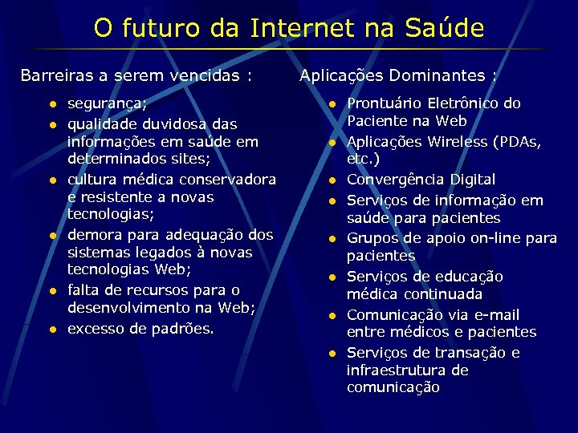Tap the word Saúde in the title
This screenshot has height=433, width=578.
pyautogui.click(x=445, y=29)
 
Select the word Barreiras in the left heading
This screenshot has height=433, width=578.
pyautogui.click(x=54, y=76)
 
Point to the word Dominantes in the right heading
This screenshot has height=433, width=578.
pyautogui.click(x=438, y=76)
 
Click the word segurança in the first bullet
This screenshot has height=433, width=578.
pyautogui.click(x=105, y=104)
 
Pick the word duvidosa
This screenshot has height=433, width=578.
pyautogui.click(x=168, y=124)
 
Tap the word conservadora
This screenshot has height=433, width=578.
pyautogui.click(x=227, y=179)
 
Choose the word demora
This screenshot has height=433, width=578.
pyautogui.click(x=95, y=235)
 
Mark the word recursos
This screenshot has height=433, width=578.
pyautogui.click(x=169, y=289)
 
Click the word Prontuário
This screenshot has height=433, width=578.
pyautogui.click(x=385, y=103)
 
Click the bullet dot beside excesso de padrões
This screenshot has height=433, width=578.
pyautogui.click(x=50, y=329)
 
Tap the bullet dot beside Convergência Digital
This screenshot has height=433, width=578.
pyautogui.click(x=330, y=180)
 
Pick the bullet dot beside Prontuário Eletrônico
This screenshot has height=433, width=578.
pyautogui.click(x=330, y=104)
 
